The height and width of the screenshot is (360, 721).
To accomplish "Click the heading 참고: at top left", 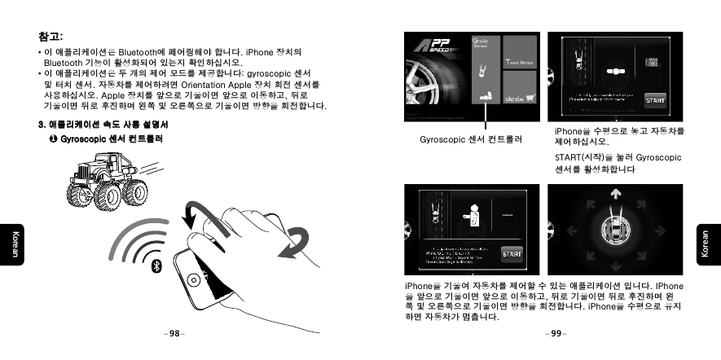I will (51, 36).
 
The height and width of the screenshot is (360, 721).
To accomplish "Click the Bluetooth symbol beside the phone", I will (159, 266).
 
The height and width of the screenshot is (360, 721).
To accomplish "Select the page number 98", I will (174, 333).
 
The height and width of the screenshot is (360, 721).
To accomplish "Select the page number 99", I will (556, 333).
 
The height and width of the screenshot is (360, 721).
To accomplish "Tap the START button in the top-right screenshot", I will (655, 100).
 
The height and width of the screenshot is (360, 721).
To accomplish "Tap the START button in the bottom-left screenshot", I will (512, 253).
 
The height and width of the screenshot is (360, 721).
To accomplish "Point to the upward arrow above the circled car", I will (615, 195).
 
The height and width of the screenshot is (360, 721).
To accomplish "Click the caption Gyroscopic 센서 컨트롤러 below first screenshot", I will (470, 140).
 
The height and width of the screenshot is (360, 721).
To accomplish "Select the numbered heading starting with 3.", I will (103, 125).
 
